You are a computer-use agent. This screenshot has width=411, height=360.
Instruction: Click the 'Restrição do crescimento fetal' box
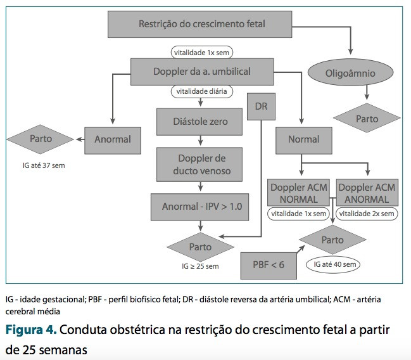click(199, 24)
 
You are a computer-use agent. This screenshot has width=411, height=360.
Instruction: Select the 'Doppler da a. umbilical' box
click(202, 72)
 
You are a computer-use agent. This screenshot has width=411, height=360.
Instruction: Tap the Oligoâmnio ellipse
click(350, 73)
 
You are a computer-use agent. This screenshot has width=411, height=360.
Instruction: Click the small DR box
click(261, 106)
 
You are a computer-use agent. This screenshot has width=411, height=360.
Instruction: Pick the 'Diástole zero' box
click(199, 122)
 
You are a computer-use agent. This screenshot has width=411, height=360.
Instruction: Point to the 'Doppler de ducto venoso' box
click(199, 165)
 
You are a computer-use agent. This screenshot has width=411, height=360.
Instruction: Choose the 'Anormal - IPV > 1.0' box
click(199, 207)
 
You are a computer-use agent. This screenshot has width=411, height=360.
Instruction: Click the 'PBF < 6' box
click(269, 266)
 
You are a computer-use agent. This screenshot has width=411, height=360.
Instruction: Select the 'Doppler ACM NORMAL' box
click(298, 193)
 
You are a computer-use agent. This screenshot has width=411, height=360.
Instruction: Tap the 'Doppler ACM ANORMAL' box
click(367, 193)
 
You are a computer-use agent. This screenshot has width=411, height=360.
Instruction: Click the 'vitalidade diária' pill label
click(201, 91)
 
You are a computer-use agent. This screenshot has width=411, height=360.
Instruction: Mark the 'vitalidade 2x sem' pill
click(367, 214)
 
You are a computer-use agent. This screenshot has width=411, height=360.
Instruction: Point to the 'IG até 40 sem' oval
click(333, 264)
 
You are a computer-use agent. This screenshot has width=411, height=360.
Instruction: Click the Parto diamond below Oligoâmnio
click(367, 118)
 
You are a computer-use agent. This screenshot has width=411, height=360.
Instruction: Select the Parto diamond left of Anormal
click(41, 139)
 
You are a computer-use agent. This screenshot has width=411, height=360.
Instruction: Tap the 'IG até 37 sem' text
click(44, 165)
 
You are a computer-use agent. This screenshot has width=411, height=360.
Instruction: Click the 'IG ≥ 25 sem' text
click(200, 266)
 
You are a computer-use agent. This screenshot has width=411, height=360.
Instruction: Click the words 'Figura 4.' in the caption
click(31, 330)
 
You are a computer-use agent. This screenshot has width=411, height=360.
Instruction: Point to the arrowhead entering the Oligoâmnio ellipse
click(350, 51)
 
